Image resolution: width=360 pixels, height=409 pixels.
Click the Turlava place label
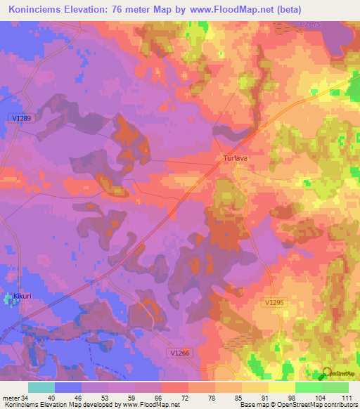[x=231, y=158]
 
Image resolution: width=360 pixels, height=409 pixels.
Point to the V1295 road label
[x=274, y=302]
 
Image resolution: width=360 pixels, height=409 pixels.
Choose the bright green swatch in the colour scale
[x=309, y=387]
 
